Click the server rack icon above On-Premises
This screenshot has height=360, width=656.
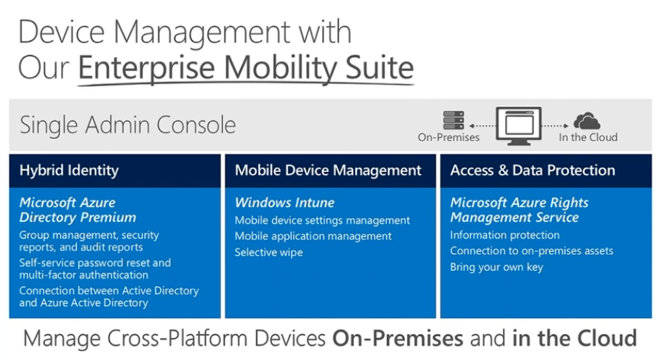click(x=454, y=120)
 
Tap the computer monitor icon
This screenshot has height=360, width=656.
click(x=519, y=126)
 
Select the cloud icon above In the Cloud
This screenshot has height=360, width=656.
click(x=587, y=121)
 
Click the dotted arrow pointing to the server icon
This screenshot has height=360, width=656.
click(x=482, y=126)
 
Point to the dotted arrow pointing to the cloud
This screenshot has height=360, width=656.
click(x=556, y=126)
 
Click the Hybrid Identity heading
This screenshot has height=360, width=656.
click(x=69, y=170)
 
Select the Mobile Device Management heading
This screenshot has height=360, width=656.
click(x=328, y=170)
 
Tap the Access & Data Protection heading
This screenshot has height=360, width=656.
click(x=533, y=170)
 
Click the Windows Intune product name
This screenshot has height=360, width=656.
click(x=284, y=203)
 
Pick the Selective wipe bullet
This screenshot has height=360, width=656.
click(x=269, y=252)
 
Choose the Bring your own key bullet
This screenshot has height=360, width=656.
click(x=496, y=267)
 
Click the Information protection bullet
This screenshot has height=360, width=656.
click(x=505, y=235)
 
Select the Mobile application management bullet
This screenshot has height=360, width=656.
click(x=313, y=237)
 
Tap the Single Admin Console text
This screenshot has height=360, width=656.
click(x=128, y=125)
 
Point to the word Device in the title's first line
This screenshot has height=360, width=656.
click(x=61, y=32)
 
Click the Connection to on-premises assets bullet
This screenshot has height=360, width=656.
click(x=532, y=251)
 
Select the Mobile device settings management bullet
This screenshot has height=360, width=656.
click(x=322, y=220)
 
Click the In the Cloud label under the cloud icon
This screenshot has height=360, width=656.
click(x=588, y=137)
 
